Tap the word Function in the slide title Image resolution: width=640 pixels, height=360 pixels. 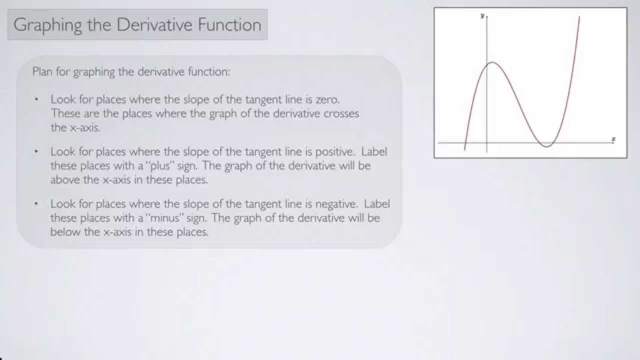233,25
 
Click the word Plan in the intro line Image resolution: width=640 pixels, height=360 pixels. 42,71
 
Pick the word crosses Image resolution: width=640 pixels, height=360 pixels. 341,113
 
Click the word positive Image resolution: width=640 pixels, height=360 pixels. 337,151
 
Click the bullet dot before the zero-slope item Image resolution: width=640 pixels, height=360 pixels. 36,99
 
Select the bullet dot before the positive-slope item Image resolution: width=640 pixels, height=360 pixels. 36,151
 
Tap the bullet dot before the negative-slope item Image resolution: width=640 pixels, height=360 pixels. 36,204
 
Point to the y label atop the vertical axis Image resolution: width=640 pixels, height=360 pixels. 482,16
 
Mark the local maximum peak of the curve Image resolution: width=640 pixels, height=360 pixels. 492,62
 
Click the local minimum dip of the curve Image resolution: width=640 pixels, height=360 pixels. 547,146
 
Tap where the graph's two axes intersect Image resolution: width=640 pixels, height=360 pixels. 487,143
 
